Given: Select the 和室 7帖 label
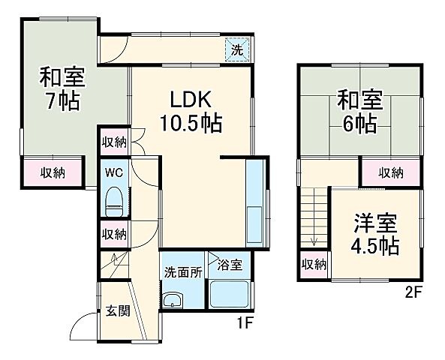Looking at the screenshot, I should (x=62, y=88).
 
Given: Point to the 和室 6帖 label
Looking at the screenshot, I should (x=360, y=111).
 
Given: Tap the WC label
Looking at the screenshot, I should (x=114, y=172).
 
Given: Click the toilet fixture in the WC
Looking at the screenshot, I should (x=115, y=199).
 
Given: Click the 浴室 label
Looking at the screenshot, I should (x=229, y=264).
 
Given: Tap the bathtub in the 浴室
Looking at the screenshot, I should (x=230, y=293).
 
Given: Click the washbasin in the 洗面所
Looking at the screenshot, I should (x=173, y=301).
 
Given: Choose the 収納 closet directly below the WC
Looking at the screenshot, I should (x=114, y=234).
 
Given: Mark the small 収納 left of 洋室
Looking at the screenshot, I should (x=314, y=263).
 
